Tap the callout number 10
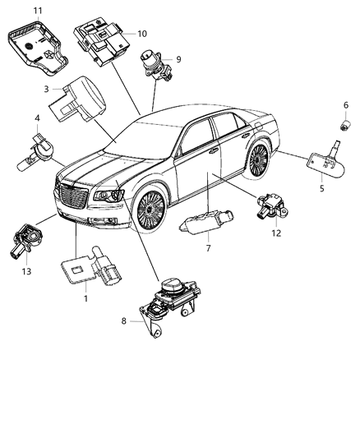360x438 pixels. tap(142, 34)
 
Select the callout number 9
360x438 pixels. tap(179, 58)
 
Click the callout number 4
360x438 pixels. tap(37, 118)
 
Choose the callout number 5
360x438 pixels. tap(322, 189)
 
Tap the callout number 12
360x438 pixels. tap(276, 233)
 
